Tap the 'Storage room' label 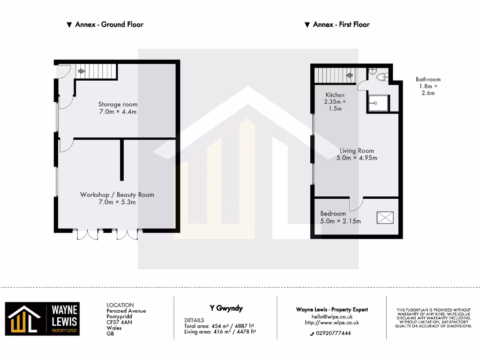[x=118, y=105]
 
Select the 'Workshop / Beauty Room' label [x=117, y=195]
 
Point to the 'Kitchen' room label [x=335, y=95]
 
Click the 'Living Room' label [x=357, y=151]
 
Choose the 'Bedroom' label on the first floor [x=333, y=214]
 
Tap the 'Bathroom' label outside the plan [x=427, y=80]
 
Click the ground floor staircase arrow [x=82, y=72]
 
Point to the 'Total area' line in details [x=219, y=326]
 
